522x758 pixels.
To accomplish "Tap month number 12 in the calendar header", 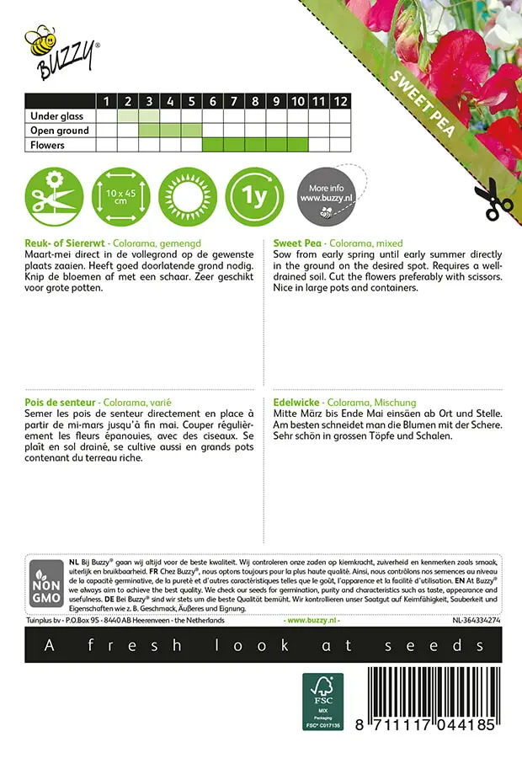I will click(x=339, y=101).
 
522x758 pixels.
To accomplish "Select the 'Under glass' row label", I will click(x=59, y=116).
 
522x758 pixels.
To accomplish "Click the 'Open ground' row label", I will click(x=59, y=131).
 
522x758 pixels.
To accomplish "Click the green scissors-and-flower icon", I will click(x=53, y=195).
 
